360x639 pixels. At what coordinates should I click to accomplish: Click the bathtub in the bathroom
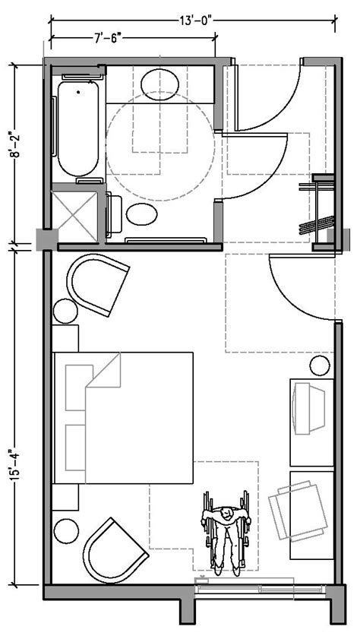click(x=77, y=128)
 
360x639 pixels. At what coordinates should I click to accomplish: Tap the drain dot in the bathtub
click(x=77, y=92)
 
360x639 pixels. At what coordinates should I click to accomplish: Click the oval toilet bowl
click(x=141, y=214)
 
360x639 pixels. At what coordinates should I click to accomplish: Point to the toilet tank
click(x=114, y=215)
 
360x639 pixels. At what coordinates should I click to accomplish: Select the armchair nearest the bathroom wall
click(x=98, y=284)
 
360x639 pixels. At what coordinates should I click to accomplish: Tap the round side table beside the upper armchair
click(x=65, y=311)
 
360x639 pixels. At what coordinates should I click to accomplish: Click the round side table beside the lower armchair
click(x=66, y=530)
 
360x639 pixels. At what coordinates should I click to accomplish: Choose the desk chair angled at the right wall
click(x=298, y=511)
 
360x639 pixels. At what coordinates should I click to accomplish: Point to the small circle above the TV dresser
click(x=320, y=366)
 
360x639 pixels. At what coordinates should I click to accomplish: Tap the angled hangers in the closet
click(x=317, y=226)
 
